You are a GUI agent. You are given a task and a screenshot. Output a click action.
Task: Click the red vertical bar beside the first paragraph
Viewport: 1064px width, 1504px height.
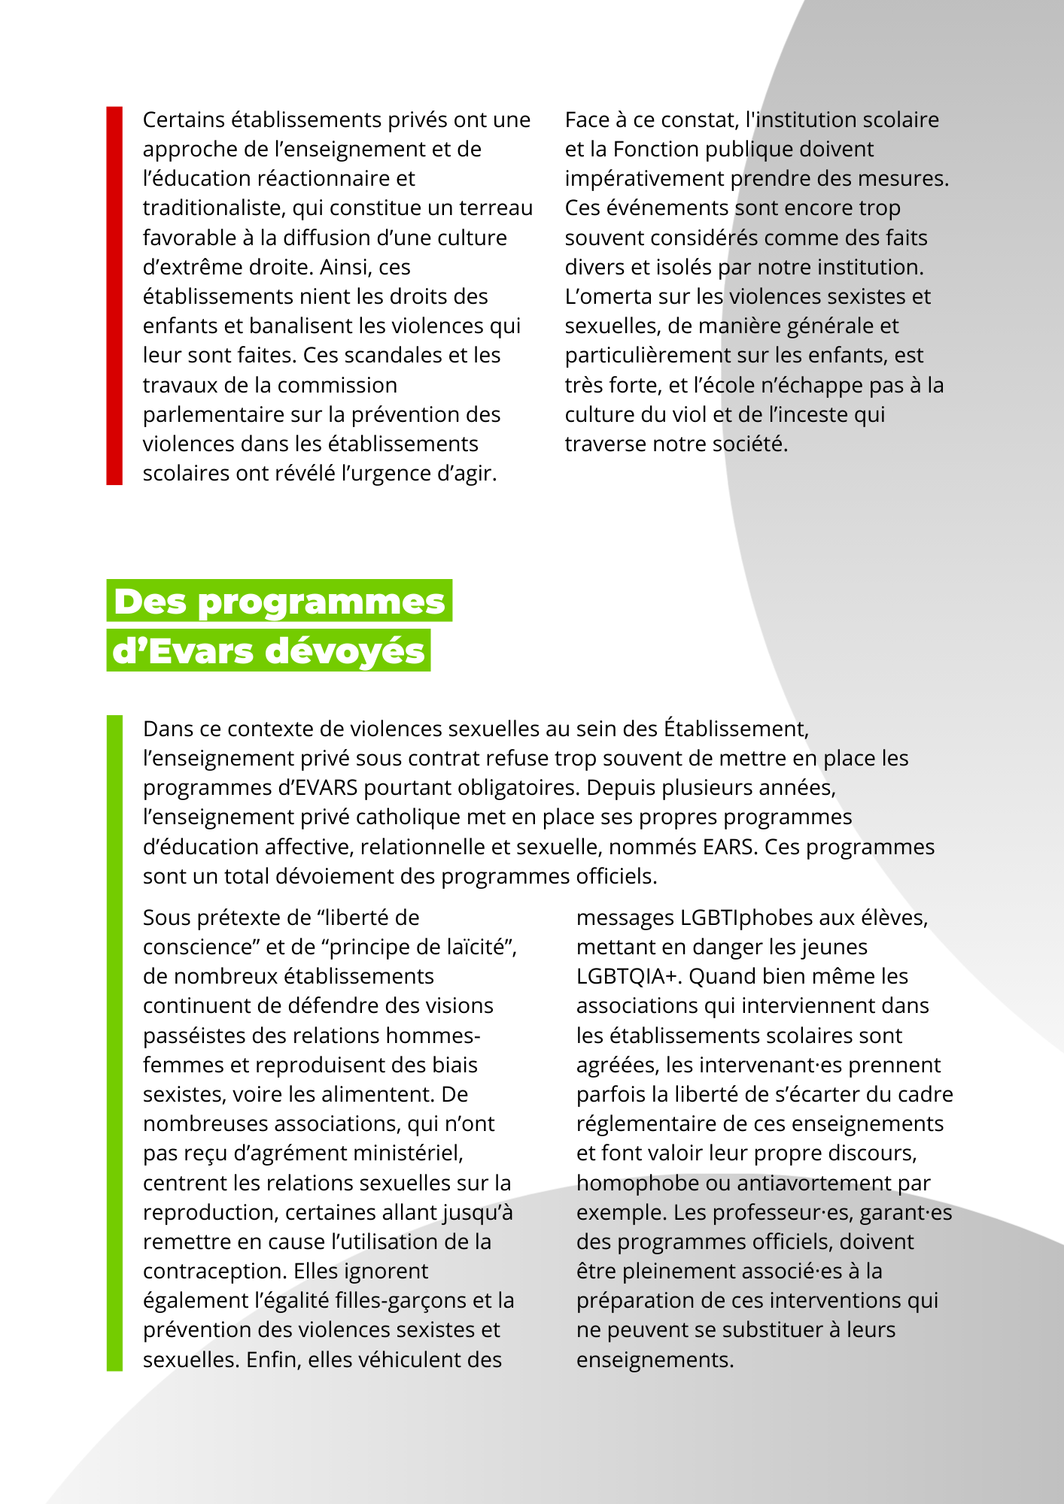114,296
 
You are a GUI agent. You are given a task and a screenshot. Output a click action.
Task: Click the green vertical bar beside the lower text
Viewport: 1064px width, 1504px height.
114,1042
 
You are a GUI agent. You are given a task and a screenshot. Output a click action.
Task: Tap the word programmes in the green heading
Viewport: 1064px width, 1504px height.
321,602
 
